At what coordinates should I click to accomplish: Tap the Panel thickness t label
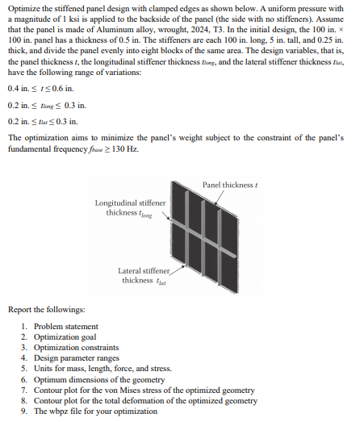click(x=228, y=185)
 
